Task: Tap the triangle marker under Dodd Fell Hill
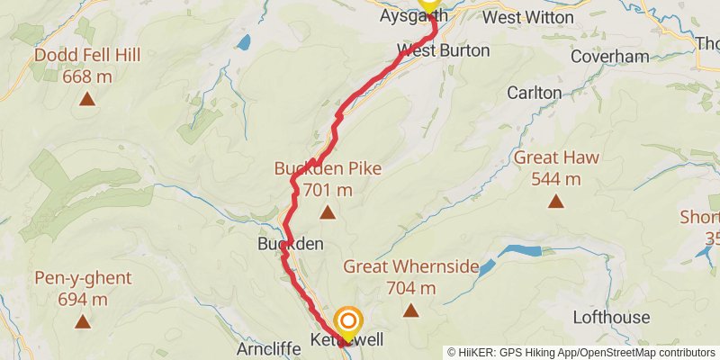pos(86,99)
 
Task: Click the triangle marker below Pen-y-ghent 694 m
pos(83,320)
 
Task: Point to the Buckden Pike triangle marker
pos(328,213)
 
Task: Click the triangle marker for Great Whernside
pos(411,310)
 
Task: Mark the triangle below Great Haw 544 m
pos(557,202)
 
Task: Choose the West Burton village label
pos(444,50)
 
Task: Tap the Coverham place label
pos(609,57)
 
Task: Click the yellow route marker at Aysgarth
pos(428,4)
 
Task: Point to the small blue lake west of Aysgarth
pos(243,41)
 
